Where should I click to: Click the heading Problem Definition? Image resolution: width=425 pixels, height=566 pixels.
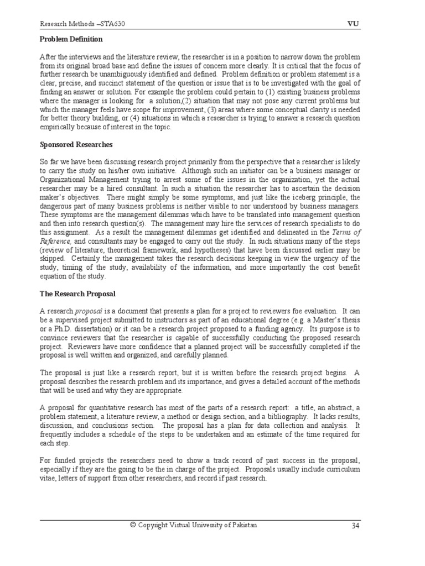point(71,40)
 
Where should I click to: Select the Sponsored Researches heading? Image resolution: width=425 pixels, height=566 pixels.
point(76,144)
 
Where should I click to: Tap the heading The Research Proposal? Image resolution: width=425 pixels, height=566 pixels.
point(77,294)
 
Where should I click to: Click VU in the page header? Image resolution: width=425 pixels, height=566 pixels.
point(353,24)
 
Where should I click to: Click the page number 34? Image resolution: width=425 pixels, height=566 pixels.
point(355,525)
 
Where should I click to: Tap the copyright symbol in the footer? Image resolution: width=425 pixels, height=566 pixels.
point(132,525)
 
